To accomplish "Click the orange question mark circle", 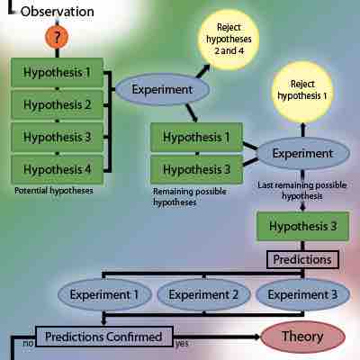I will (x=58, y=39).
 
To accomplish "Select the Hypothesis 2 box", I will (x=58, y=104).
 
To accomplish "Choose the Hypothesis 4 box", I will (x=58, y=168).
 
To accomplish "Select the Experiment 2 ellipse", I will (x=203, y=294).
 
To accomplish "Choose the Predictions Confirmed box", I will (x=103, y=337).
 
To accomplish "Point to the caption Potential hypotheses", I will (x=54, y=191).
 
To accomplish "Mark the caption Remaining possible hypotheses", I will (x=192, y=195).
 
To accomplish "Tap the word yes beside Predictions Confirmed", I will (x=182, y=344).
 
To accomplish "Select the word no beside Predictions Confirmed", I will (x=28, y=344).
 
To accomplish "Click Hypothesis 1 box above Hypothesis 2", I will (x=58, y=72).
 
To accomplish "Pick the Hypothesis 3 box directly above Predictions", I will (x=297, y=226).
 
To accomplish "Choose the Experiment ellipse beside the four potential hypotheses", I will (x=162, y=90).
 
